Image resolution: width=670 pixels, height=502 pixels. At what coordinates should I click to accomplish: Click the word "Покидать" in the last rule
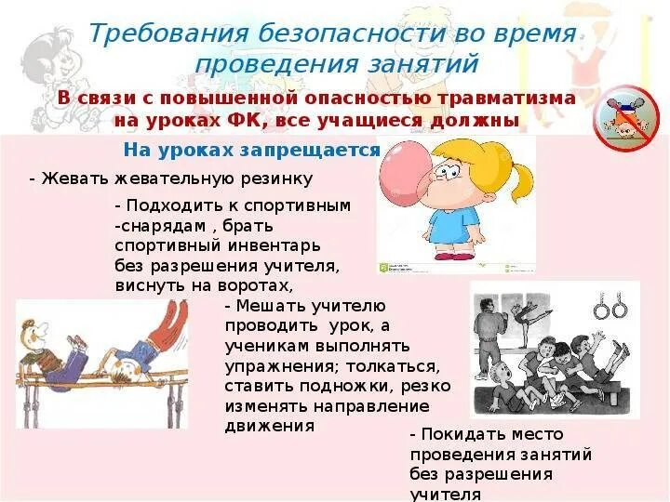click(x=461, y=434)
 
